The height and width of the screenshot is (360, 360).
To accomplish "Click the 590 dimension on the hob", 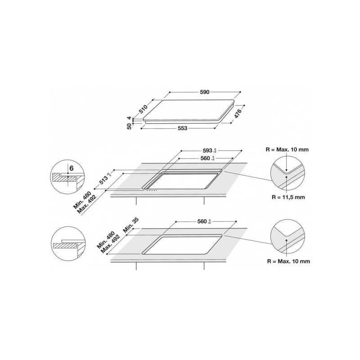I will pos(204,92).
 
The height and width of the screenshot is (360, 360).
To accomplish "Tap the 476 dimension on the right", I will pos(239,112).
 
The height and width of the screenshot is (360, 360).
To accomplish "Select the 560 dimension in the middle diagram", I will pos(205,158).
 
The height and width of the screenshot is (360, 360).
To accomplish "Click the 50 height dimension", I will pos(129,126).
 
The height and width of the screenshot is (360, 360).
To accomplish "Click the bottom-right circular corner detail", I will pos(287,239).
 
